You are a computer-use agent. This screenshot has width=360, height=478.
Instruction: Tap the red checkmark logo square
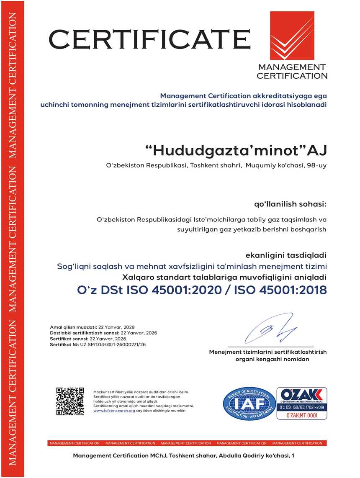pyautogui.click(x=292, y=36)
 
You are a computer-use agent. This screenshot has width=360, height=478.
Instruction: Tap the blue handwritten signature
pyautogui.click(x=270, y=329)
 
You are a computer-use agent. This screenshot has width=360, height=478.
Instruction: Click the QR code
pyautogui.click(x=70, y=401)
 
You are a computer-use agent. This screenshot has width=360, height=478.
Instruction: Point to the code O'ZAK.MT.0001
pyautogui.click(x=301, y=415)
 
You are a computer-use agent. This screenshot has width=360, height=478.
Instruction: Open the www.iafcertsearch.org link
pyautogui.click(x=114, y=411)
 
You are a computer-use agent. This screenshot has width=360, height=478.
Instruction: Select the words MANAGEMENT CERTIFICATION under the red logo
pyautogui.click(x=292, y=72)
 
